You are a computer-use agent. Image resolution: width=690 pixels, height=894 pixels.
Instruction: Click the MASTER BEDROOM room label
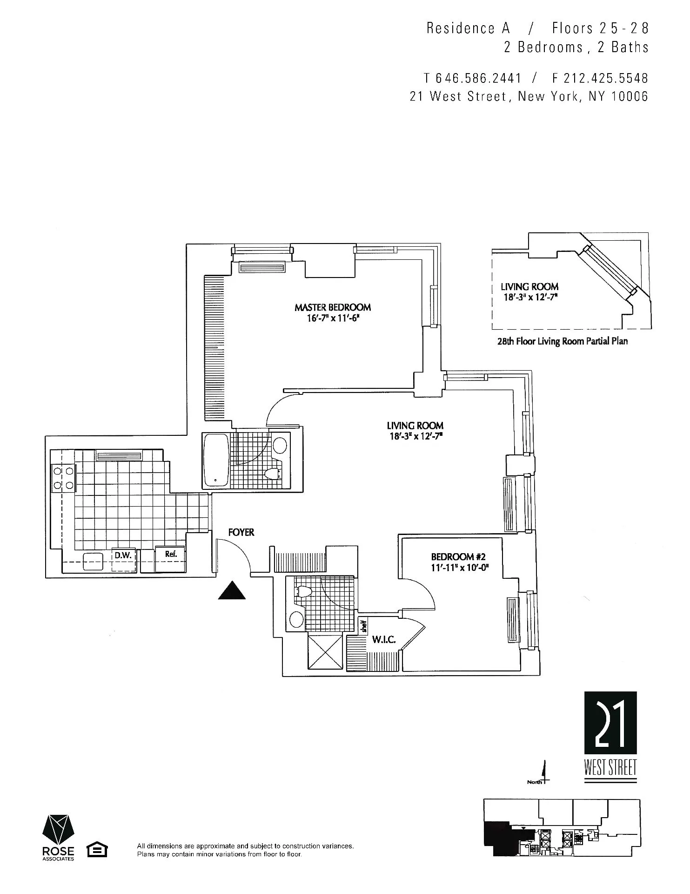[332, 307]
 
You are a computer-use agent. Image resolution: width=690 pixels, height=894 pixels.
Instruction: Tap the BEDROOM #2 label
[458, 557]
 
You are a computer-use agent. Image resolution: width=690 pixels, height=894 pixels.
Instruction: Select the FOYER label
[241, 532]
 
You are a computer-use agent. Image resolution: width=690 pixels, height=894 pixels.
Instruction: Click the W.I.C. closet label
[383, 640]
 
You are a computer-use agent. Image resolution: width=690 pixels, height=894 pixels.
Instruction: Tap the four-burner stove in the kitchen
[64, 478]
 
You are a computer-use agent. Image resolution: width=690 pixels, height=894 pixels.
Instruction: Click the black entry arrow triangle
[232, 591]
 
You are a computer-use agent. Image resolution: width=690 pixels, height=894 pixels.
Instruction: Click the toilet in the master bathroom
[274, 474]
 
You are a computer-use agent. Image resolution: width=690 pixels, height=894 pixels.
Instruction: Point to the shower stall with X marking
[325, 652]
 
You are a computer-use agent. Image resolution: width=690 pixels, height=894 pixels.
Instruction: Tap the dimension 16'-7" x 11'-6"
[332, 319]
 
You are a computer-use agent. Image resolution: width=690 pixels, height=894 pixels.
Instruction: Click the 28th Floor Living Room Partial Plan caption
[562, 341]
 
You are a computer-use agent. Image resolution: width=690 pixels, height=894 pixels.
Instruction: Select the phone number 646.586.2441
[479, 78]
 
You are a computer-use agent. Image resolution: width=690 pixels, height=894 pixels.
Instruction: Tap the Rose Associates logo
[58, 839]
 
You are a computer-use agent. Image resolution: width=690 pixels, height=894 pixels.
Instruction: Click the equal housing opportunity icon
[97, 850]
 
